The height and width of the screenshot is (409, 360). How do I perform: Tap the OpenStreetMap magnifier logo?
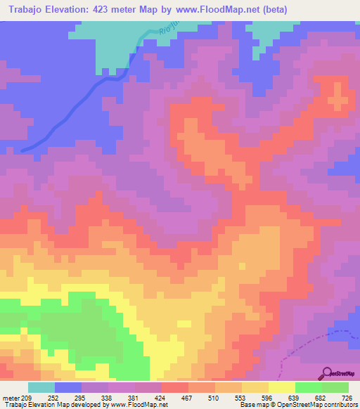326,372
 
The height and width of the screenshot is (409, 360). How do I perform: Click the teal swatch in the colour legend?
41,388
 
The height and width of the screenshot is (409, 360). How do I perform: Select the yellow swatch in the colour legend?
281,388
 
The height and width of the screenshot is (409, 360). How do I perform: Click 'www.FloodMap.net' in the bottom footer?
137,405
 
